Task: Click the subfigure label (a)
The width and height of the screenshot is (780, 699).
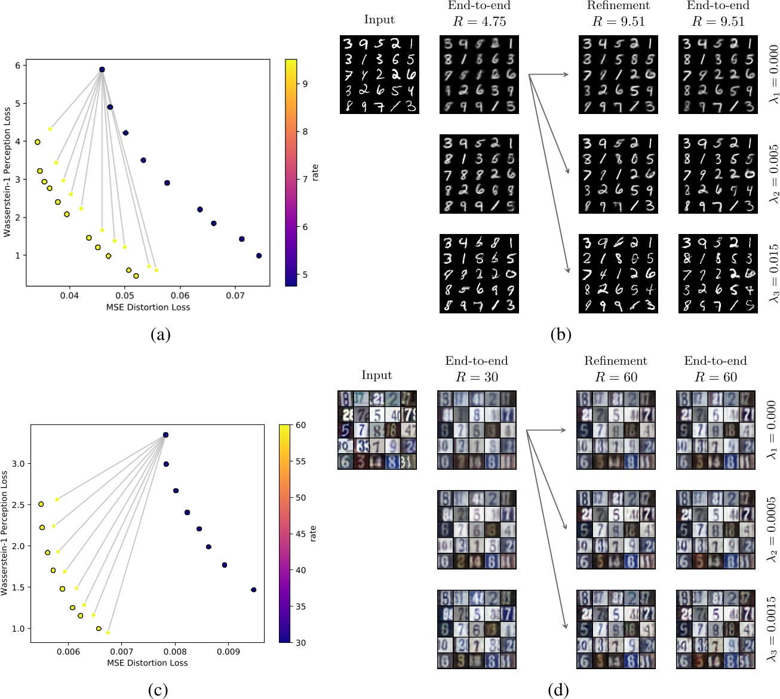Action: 160,335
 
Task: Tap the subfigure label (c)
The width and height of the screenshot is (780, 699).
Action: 158,691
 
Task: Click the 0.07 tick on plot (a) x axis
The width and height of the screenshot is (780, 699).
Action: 235,295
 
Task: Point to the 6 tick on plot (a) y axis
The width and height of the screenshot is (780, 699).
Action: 18,66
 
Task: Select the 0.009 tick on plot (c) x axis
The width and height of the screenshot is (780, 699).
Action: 228,652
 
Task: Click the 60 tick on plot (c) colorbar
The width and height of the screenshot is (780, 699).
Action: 300,425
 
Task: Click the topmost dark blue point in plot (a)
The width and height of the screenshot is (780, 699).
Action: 102,70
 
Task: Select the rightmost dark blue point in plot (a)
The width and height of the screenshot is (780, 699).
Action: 259,255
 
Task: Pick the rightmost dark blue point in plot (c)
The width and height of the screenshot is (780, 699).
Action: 253,590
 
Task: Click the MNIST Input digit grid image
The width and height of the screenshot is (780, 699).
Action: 379,75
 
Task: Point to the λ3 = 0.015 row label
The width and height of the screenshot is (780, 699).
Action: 773,273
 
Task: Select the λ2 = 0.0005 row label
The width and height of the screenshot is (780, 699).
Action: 772,529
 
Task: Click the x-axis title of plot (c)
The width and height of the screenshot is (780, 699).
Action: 147,663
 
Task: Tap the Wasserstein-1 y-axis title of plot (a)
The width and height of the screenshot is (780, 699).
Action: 7,173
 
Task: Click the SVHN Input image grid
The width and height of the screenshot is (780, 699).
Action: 377,430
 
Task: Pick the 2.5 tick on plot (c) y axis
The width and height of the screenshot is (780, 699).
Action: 19,504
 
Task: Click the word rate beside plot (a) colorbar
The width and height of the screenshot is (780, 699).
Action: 315,173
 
